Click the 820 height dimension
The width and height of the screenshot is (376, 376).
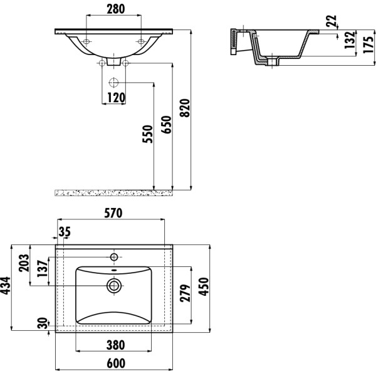click(x=184, y=109)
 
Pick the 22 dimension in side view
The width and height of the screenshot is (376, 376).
click(x=332, y=21)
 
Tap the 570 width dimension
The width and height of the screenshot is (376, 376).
click(x=112, y=213)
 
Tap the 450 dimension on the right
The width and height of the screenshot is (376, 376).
click(x=202, y=288)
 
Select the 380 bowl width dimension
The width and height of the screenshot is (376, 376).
click(x=115, y=344)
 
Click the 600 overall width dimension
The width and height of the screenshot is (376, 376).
click(x=115, y=363)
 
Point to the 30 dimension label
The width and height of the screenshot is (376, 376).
click(x=41, y=324)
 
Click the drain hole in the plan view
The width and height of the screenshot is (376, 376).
click(x=114, y=286)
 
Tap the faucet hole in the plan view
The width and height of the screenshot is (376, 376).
click(x=114, y=257)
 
